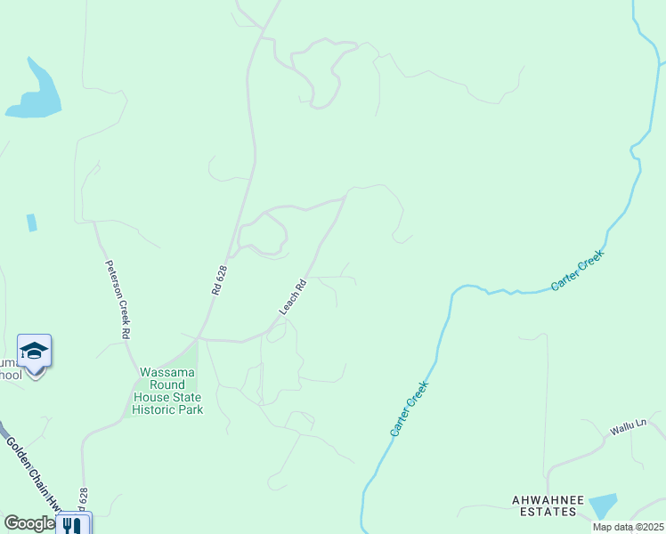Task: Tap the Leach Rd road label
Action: pos(293,297)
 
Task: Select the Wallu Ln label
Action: pos(627,428)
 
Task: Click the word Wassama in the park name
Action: pos(167,372)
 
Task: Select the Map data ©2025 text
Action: pos(628,527)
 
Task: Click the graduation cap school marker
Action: pos(34,351)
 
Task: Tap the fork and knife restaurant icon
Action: pos(71,525)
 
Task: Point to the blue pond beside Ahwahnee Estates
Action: pos(603,505)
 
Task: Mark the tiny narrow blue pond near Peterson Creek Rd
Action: pos(32,222)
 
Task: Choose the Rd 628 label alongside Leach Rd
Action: pos(220,279)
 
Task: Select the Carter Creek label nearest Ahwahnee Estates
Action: pos(410,409)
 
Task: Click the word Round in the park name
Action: pos(150,384)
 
